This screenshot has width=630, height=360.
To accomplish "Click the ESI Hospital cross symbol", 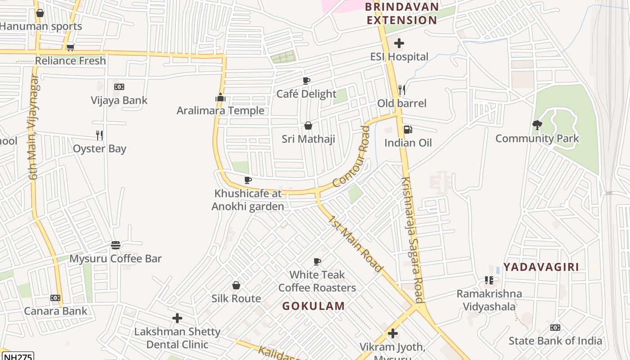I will (399, 44).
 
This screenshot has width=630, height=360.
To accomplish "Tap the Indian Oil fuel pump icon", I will (408, 130).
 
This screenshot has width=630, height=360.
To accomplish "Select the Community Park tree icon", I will (537, 125).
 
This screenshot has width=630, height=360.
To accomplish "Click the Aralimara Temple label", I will (220, 111).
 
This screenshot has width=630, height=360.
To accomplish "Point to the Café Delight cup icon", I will (306, 81).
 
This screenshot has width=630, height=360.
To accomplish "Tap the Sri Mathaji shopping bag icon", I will (308, 126).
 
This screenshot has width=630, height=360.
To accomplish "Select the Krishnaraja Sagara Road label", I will (412, 239).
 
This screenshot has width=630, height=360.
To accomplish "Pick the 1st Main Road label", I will (355, 243).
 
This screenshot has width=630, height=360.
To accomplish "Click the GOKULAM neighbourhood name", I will (314, 306).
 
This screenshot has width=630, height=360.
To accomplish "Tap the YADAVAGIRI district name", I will (541, 267).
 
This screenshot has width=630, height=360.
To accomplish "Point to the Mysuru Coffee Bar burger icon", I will (116, 245).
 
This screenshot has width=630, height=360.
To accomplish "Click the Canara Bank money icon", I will (55, 298).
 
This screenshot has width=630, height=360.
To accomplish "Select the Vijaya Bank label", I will (119, 100).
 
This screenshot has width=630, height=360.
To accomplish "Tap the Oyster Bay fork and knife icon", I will (99, 135).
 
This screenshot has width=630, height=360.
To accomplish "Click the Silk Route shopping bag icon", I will (236, 285).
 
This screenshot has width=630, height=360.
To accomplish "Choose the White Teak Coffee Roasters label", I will (317, 281).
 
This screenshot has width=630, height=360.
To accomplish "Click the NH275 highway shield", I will (18, 356).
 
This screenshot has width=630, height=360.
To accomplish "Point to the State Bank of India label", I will (555, 341).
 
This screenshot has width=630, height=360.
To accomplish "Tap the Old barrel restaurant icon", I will (402, 90).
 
